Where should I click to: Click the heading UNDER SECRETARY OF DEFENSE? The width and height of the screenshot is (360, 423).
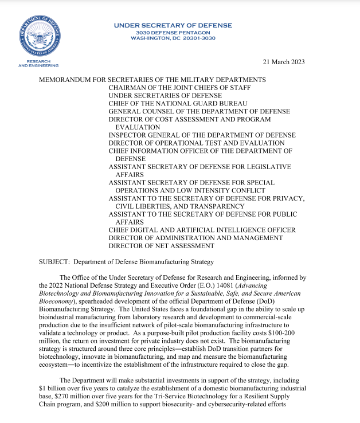pos(173,25)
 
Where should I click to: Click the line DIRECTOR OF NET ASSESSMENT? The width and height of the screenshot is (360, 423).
pos(161,246)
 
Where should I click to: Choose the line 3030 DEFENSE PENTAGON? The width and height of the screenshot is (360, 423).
pos(173,32)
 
